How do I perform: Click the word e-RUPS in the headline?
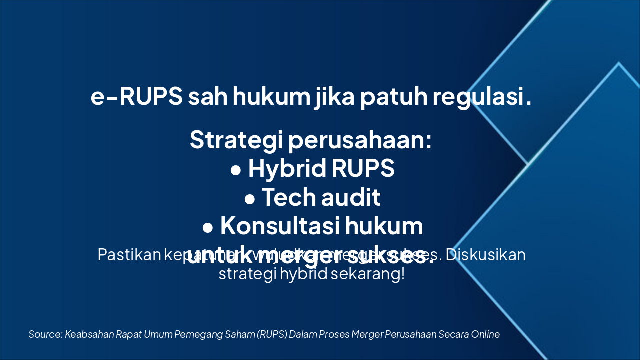[136, 97]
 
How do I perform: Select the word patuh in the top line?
[392, 97]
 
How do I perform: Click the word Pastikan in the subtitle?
[128, 255]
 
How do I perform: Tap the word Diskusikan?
[485, 255]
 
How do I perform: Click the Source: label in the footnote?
[45, 334]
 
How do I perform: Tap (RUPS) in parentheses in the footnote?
[272, 334]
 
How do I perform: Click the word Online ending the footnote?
[485, 334]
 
